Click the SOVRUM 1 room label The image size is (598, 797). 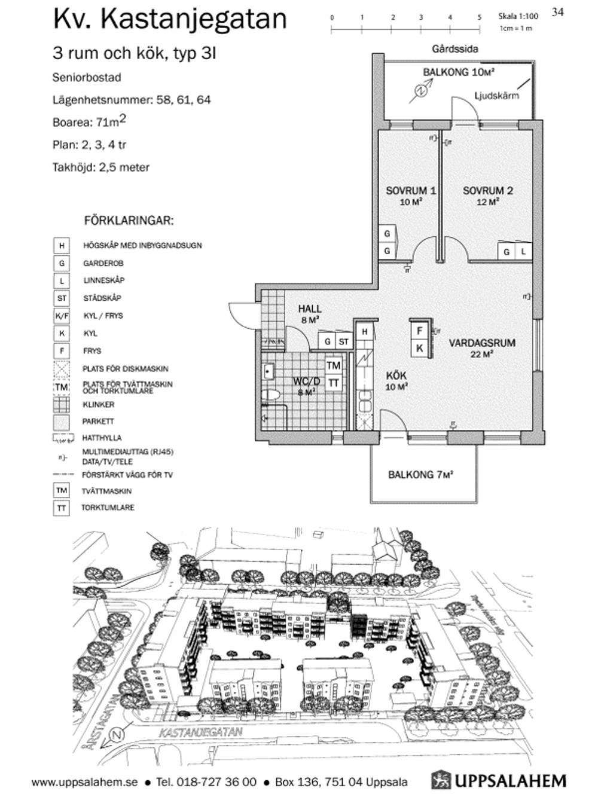coord(411,191)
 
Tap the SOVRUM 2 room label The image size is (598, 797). coord(488,191)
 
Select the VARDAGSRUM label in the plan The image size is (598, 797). coord(482,343)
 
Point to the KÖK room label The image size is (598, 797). coord(396,376)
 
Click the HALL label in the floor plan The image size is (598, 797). coord(310,309)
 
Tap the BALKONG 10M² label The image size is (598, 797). coord(459,72)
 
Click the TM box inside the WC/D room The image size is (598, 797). coord(333,365)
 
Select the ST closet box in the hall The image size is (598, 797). coord(343,342)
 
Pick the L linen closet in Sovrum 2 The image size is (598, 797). coord(523,252)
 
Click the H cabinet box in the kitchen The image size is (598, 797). coord(364,331)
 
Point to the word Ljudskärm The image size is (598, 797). coord(496,95)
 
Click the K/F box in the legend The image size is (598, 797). coord(62,316)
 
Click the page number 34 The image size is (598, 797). coord(557,12)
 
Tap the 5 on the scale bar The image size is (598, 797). coord(479,17)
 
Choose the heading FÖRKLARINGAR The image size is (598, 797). coord(129,221)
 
